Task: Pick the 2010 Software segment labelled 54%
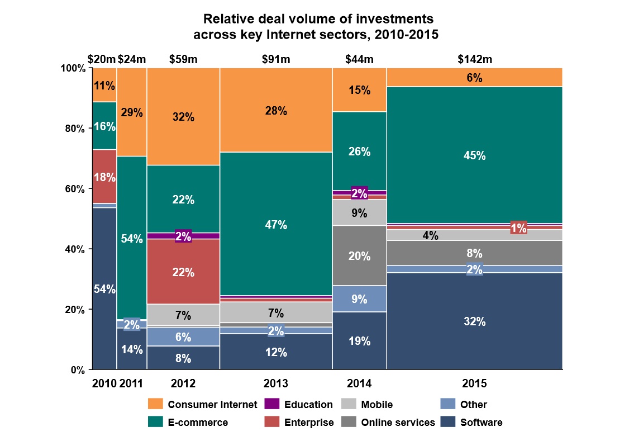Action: [104, 288]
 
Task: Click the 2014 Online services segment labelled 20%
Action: [359, 255]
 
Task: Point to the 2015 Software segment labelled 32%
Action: [474, 321]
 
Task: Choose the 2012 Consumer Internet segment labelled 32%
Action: [183, 117]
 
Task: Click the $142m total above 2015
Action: [474, 59]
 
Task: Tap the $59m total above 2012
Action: [183, 59]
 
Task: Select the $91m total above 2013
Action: [276, 59]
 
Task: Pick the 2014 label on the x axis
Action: [359, 384]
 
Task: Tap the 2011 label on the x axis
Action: [132, 384]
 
